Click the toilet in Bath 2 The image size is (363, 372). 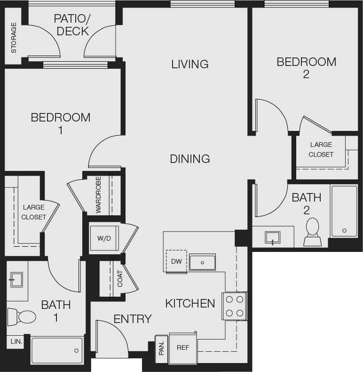[312, 232]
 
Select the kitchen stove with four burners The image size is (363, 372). [234, 306]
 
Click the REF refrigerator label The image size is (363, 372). [182, 348]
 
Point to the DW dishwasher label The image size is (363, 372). [176, 261]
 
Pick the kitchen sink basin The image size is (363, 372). [202, 262]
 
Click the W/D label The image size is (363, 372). [104, 238]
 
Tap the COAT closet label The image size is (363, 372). [120, 279]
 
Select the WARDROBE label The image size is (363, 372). [98, 195]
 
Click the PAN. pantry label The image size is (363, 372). [161, 348]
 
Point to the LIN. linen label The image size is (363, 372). [16, 341]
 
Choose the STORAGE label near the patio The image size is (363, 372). [14, 38]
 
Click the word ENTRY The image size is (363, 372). [133, 319]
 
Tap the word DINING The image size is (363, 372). [190, 159]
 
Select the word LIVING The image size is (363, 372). [189, 64]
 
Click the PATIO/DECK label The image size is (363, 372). [71, 25]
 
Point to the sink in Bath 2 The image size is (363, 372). [273, 237]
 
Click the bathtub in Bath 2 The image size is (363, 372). [344, 210]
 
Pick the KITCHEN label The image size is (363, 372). [190, 303]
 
